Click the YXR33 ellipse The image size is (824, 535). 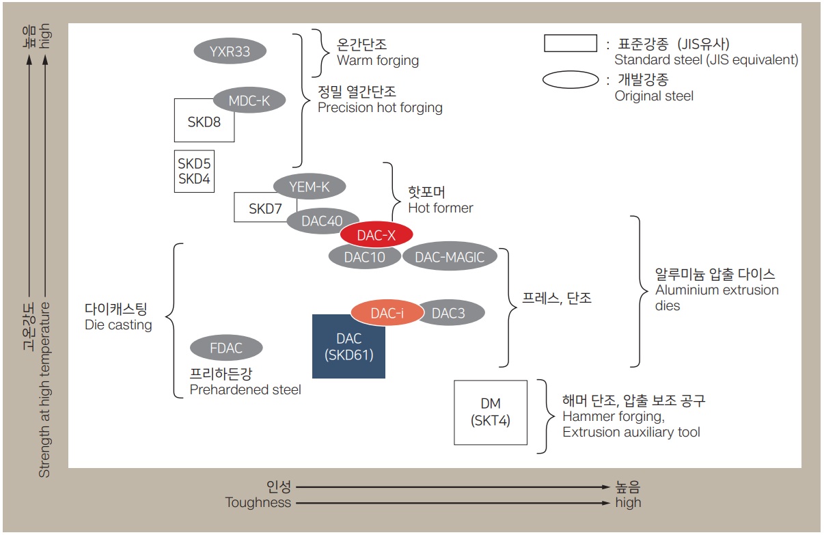click(230, 51)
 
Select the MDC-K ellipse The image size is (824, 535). click(249, 101)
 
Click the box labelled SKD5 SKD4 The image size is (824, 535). click(194, 172)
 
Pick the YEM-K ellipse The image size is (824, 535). click(310, 186)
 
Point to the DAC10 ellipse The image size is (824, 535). click(364, 257)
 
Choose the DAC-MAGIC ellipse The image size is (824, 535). click(449, 257)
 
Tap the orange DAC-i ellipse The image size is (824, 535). click(387, 313)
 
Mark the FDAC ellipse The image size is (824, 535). click(226, 348)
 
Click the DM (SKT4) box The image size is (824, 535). click(490, 413)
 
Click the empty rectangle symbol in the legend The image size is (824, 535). click(570, 43)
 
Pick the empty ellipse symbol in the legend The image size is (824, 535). click(570, 80)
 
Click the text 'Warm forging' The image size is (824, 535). click(378, 60)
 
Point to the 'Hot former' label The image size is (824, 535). click(440, 208)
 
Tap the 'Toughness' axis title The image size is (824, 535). click(258, 503)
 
